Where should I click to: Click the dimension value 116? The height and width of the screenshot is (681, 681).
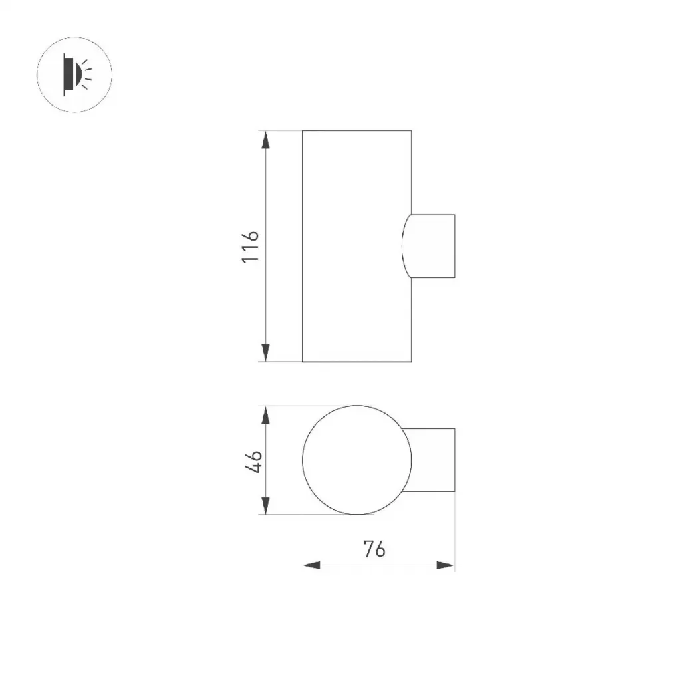click(251, 247)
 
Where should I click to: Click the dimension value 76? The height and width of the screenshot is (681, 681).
click(374, 549)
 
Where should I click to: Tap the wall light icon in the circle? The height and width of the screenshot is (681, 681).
click(77, 74)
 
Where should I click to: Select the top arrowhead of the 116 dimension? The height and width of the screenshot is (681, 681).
click(266, 140)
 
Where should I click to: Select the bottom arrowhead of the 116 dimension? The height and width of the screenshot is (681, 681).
click(266, 352)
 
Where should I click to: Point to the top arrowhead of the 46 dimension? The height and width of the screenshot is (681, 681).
click(266, 415)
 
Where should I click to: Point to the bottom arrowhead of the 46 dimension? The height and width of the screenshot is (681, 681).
click(266, 506)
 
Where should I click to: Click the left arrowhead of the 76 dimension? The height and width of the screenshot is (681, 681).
click(311, 565)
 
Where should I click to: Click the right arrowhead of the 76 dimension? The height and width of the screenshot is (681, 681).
click(446, 565)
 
